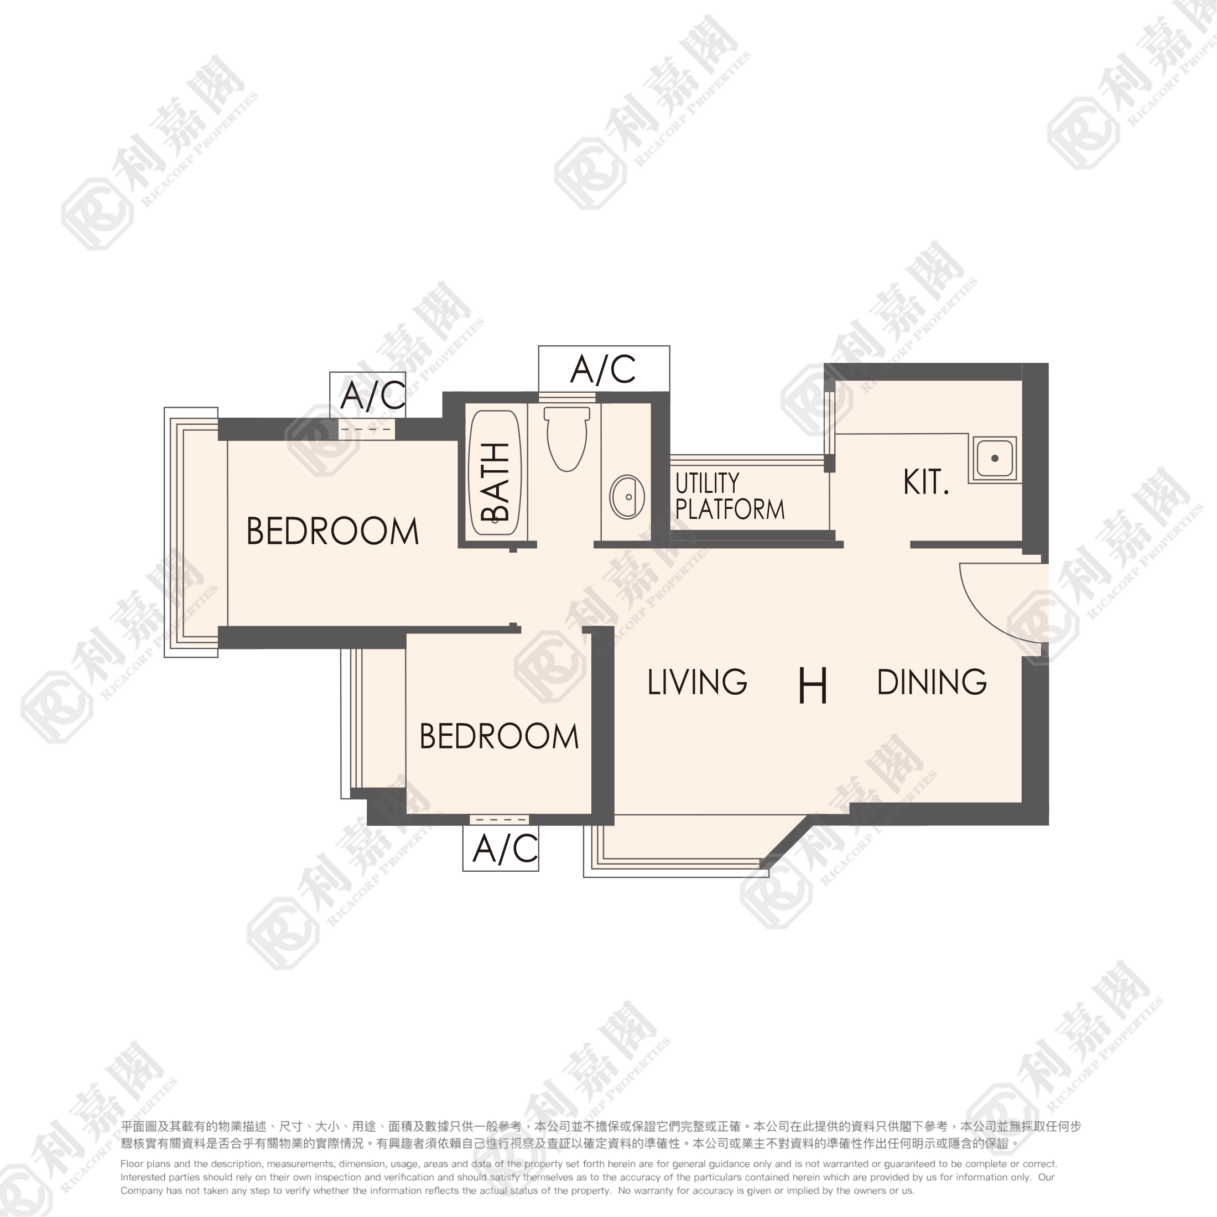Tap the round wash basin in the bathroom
(x=627, y=497)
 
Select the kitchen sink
(x=995, y=459)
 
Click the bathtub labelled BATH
(x=495, y=472)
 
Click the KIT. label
(x=926, y=482)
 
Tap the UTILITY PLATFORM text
(x=730, y=496)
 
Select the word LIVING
(x=698, y=682)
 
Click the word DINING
(x=932, y=682)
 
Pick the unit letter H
(x=813, y=685)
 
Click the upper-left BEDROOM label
(x=332, y=531)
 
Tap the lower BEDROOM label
(x=499, y=736)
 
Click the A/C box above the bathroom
(x=604, y=368)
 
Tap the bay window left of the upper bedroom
(x=191, y=532)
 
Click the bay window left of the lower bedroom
(x=352, y=724)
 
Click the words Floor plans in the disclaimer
(x=145, y=1164)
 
